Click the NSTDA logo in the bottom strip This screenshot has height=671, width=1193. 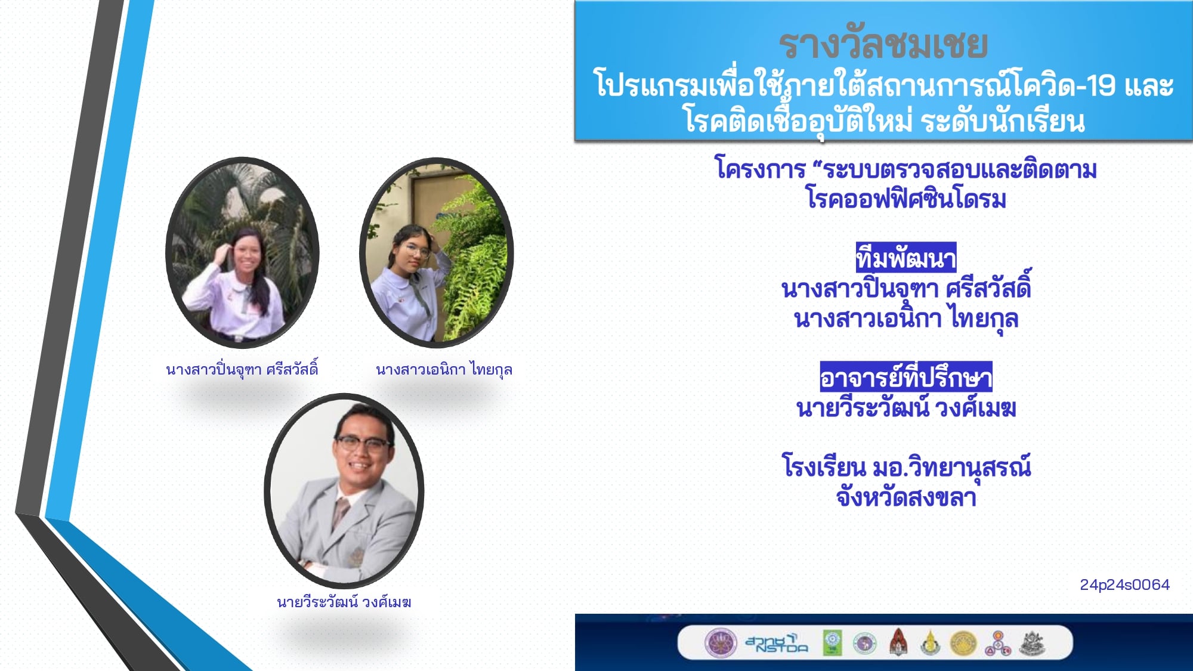coord(777,643)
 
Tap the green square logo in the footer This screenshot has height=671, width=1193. coord(832,643)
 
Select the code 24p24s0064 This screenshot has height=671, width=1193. coord(1124,585)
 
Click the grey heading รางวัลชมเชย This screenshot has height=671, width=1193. coord(883,45)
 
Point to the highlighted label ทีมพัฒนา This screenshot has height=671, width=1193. coord(906,258)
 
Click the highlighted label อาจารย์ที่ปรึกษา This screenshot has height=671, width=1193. coord(906,377)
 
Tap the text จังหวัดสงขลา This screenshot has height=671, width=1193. coord(906,497)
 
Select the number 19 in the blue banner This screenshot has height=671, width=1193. coord(1101,86)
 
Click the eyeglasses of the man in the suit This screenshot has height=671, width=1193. coord(363,443)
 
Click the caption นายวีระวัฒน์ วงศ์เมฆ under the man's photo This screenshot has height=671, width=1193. coord(344,602)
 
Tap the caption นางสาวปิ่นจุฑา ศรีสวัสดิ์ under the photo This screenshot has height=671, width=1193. coord(242,369)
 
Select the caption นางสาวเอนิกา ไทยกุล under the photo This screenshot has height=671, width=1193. coord(444,370)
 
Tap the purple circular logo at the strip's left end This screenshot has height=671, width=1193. coord(721,643)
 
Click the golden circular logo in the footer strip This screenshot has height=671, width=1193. coord(963,644)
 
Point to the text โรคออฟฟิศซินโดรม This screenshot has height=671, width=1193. coord(906,198)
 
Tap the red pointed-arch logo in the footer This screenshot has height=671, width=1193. coord(898,642)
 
